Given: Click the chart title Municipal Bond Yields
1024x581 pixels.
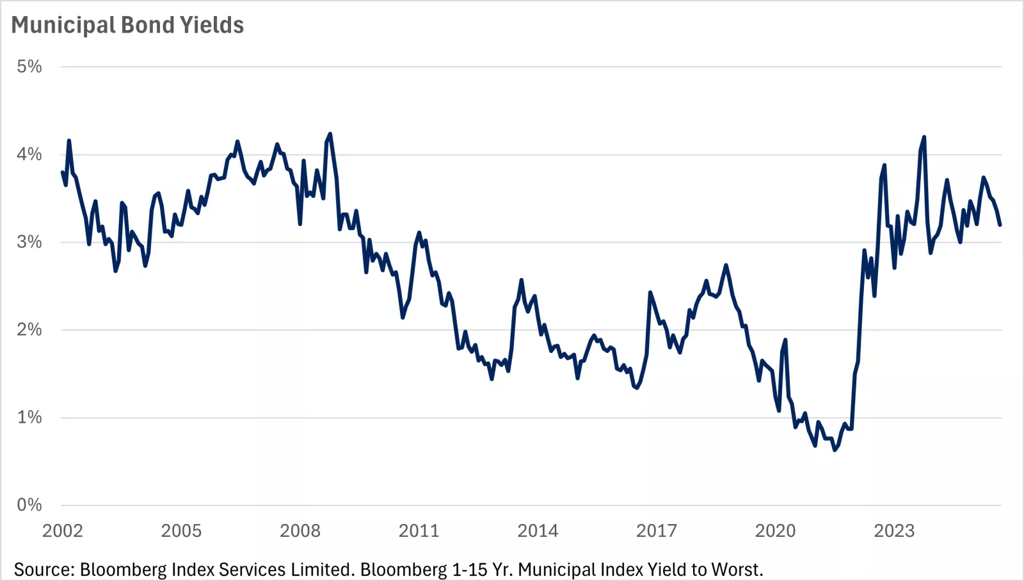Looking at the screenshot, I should tap(127, 25).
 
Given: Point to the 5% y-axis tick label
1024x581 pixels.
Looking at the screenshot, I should tap(29, 67).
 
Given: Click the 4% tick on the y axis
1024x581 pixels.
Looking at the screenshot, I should tap(29, 154).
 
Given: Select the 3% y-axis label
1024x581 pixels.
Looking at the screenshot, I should tap(29, 242).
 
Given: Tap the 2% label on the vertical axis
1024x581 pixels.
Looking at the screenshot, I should tap(29, 330).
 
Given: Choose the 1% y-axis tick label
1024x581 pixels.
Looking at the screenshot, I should tap(29, 418).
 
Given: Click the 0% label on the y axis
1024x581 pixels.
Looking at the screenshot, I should tap(29, 505).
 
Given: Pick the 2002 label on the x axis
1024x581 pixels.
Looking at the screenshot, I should tap(62, 531).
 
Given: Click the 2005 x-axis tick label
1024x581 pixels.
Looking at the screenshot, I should tap(181, 531).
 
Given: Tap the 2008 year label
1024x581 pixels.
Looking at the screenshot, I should tap(300, 531).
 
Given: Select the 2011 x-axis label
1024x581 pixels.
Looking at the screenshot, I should tap(419, 531).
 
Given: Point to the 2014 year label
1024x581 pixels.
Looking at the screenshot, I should tap(538, 531).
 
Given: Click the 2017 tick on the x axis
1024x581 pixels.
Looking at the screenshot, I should tap(657, 531).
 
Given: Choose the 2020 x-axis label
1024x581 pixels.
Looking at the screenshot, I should tap(775, 531).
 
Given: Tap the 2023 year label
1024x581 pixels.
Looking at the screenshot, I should tap(894, 531).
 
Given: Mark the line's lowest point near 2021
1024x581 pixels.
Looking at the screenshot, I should tap(835, 450).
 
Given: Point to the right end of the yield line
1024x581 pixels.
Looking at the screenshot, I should tap(1000, 225).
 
